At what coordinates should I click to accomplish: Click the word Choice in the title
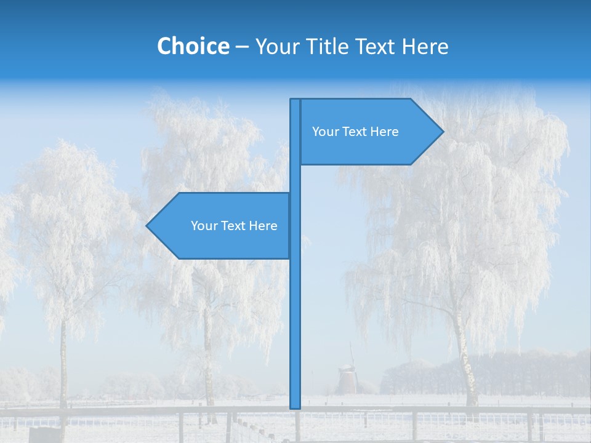[193, 46]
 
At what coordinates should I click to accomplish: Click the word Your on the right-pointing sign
[324, 132]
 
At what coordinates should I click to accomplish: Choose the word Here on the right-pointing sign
[384, 132]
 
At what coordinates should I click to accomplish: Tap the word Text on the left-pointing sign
[233, 226]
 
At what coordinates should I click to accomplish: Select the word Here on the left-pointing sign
[263, 226]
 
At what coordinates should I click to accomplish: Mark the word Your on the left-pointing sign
[204, 226]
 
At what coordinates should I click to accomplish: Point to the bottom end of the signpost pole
[295, 406]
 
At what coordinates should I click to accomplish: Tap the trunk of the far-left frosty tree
[63, 369]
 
